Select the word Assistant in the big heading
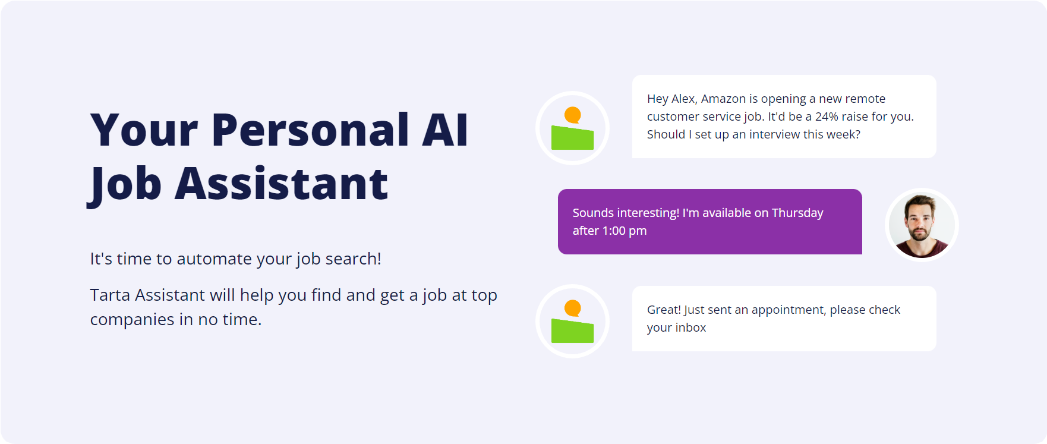pos(281,183)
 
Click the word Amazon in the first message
pos(723,99)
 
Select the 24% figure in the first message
pos(827,116)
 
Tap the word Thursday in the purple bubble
pos(797,213)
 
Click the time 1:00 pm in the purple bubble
pos(625,231)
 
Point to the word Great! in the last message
pos(664,310)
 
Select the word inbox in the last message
pos(691,328)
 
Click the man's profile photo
pos(922,225)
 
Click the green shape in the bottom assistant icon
pos(572,331)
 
